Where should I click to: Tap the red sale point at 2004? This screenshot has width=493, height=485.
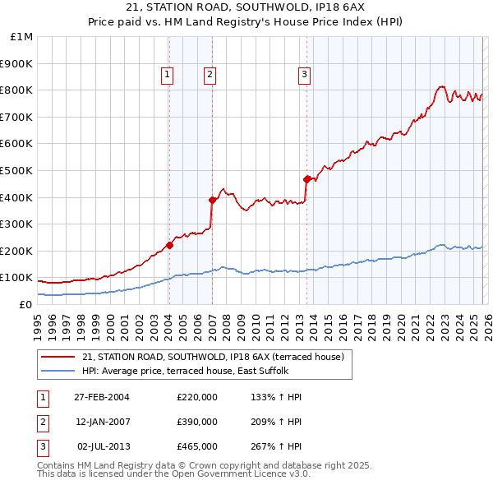(170, 245)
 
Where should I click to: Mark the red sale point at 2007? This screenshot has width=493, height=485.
(212, 200)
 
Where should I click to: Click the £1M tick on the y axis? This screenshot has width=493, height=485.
(22, 37)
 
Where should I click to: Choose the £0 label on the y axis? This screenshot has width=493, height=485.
(25, 304)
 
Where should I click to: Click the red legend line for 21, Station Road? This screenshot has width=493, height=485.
(58, 357)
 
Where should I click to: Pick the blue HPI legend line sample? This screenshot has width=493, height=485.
(58, 371)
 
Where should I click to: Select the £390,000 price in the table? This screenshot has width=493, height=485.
(196, 422)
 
